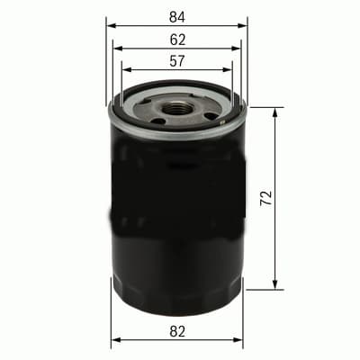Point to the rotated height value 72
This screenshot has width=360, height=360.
(x=265, y=198)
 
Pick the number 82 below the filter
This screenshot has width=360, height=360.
(x=176, y=332)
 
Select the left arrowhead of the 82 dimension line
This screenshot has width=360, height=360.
(x=113, y=343)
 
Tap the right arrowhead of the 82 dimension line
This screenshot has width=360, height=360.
(x=240, y=343)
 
